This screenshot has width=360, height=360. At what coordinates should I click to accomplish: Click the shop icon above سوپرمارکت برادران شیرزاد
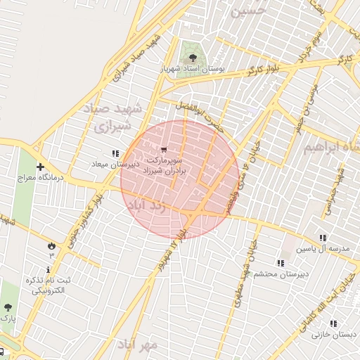click(x=164, y=150)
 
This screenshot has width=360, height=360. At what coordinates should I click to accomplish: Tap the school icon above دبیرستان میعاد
click(x=115, y=153)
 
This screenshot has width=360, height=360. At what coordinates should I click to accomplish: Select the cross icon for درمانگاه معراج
click(x=40, y=167)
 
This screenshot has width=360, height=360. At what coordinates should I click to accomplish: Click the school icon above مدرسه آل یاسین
click(x=323, y=238)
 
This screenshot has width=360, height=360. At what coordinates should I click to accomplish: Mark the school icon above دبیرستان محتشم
click(x=280, y=263)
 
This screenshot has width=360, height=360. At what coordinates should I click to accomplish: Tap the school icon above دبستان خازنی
click(x=333, y=323)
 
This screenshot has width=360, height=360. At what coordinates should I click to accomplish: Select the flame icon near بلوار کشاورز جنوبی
click(x=51, y=245)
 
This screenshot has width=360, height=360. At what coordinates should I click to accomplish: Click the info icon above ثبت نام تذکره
click(x=48, y=269)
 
